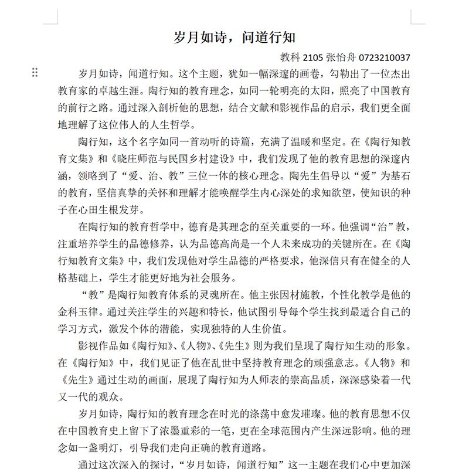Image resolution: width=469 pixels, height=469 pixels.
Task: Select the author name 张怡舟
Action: [336, 57]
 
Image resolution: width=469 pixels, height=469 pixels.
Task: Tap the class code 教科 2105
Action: [298, 57]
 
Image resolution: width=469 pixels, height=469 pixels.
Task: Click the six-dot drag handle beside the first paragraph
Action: [35, 72]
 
